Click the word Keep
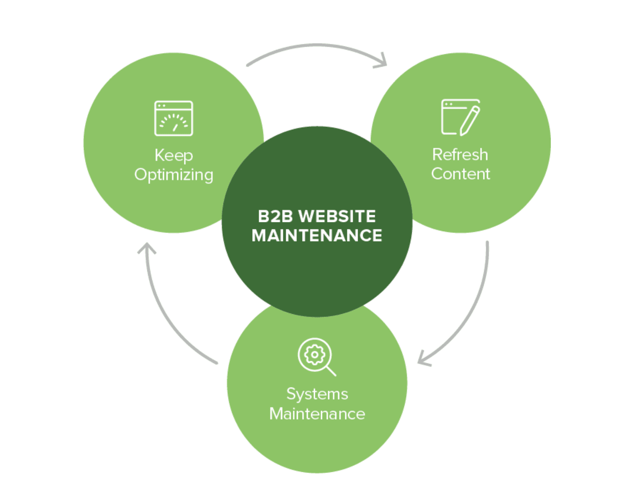pos(174,155)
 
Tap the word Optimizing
pos(174,175)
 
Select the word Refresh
pos(460,154)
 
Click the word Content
pos(460,174)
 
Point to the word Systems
pos(317,394)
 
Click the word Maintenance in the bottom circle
pos(317,414)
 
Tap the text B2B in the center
pos(275,216)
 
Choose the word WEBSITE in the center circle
pos(337,216)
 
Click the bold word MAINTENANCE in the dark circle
pos(317,236)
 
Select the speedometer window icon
pos(174,118)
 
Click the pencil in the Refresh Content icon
pos(470,120)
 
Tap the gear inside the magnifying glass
pos(315,354)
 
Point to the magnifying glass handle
pos(331,371)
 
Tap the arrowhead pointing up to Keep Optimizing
pos(147,248)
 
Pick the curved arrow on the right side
pos(475,307)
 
